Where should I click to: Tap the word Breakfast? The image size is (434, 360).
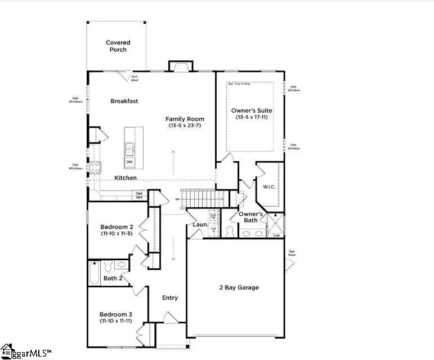124,101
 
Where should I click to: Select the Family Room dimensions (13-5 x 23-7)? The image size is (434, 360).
185,126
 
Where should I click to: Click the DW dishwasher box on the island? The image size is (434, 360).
129,162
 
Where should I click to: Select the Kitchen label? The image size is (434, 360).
126,178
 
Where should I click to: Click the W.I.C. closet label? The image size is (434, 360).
268,186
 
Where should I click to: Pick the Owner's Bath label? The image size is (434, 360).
250,217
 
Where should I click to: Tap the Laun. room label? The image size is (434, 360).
200,225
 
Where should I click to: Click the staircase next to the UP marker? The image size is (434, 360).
205,198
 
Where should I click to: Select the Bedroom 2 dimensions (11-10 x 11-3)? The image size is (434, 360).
117,233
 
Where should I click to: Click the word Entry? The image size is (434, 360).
170,298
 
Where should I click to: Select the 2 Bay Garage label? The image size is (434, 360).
239,287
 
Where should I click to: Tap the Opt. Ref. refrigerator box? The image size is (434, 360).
139,195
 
